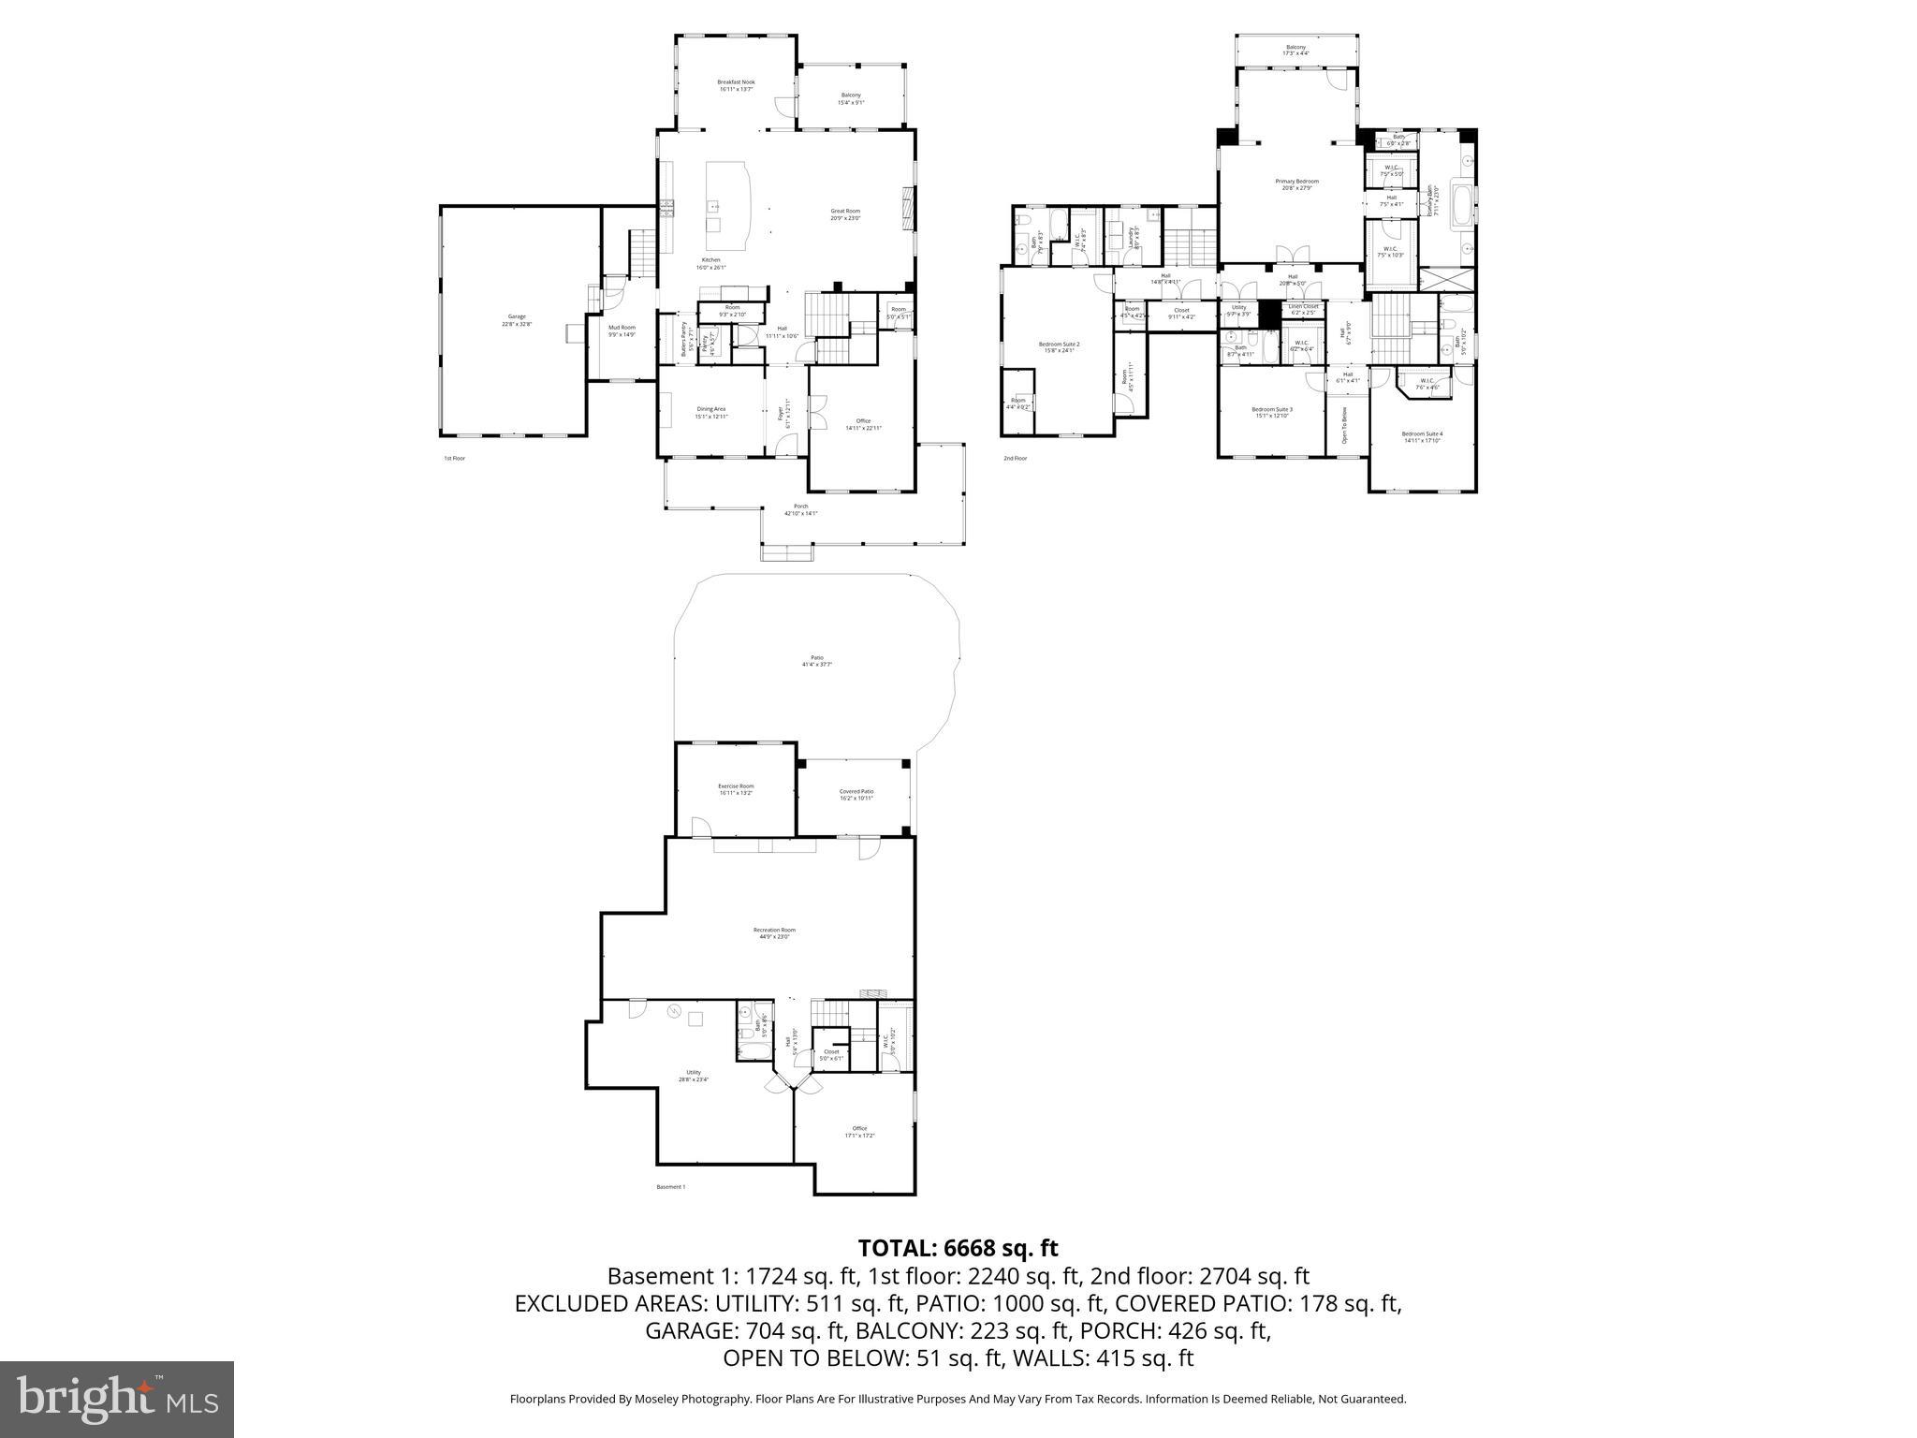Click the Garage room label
[x=517, y=319]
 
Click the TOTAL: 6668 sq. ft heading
[x=958, y=1248]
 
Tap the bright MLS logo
[x=117, y=1399]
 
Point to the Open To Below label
[x=1344, y=426]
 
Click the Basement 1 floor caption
[x=670, y=1187]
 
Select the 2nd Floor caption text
[x=1015, y=459]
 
